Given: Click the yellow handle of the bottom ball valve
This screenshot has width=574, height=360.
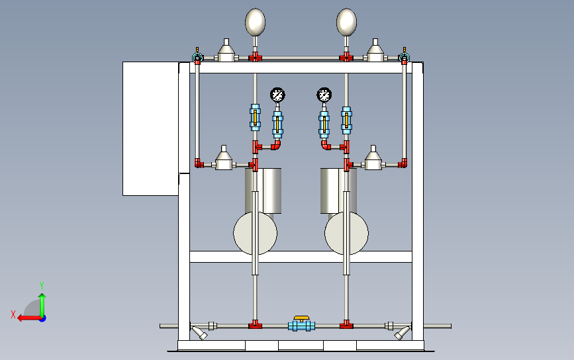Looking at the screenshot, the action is [x=302, y=318].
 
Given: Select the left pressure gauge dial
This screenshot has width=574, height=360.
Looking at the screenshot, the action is [x=277, y=95].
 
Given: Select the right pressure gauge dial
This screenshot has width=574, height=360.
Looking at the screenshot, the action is [x=324, y=95].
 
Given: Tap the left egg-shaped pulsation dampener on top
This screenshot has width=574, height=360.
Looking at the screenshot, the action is [x=255, y=22].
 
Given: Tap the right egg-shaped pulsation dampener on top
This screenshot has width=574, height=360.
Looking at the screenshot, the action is [x=346, y=22].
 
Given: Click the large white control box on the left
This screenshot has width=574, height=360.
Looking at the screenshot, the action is [x=151, y=128].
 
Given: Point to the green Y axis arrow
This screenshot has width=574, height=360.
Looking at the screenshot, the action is [x=42, y=305].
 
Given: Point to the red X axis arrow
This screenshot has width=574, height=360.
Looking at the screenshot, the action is [x=30, y=318].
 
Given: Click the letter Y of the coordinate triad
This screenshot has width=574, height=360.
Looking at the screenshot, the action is [x=42, y=285].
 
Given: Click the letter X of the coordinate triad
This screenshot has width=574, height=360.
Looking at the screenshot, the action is [x=13, y=314].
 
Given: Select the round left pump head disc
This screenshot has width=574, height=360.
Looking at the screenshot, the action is [x=255, y=233].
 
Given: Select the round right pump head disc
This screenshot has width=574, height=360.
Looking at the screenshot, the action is [x=346, y=233].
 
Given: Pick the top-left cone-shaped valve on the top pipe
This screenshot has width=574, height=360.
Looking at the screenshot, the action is [x=226, y=51].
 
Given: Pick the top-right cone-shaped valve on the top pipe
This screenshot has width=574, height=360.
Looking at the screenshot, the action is [x=375, y=51].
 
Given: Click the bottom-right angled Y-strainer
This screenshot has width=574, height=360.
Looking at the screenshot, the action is [x=402, y=332].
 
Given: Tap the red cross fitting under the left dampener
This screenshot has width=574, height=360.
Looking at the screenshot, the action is [x=255, y=58].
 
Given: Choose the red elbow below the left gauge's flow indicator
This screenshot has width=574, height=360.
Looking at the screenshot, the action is [x=275, y=145].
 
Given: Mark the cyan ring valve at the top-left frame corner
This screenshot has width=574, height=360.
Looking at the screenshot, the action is [x=197, y=58].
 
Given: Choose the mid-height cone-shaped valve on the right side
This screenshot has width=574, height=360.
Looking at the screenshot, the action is [x=373, y=158].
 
